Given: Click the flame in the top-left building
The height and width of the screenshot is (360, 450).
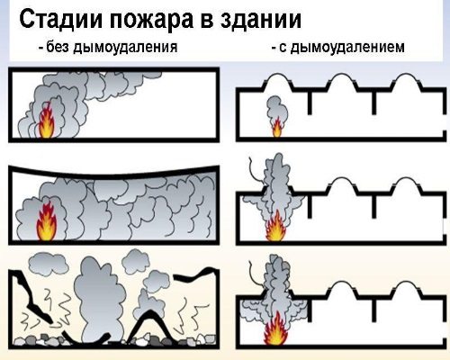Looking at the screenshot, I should [x=49, y=122].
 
